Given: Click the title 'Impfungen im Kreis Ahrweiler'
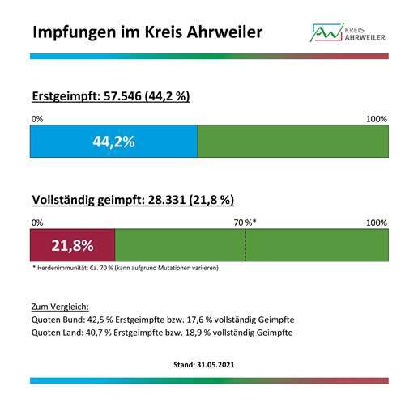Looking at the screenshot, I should point(147,32).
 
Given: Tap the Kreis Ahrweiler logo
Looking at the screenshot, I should point(349,32).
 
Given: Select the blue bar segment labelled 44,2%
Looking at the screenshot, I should point(113,142).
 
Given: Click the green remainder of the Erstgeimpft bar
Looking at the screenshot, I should point(292,142).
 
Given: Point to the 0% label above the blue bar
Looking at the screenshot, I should point(36,120).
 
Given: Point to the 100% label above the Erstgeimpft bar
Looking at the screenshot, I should point(377,120).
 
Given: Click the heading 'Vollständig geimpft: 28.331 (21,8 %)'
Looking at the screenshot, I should point(132,200).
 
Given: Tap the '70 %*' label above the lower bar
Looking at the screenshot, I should point(245,223).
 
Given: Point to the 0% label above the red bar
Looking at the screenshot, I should point(36,223).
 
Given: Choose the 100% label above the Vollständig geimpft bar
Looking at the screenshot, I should point(377,223).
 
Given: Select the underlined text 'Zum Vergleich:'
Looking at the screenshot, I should point(59,307).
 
